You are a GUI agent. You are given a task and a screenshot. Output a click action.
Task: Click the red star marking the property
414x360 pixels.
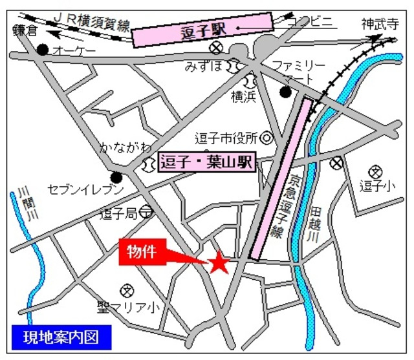(219, 262)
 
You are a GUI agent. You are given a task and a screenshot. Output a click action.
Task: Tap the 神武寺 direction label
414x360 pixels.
(378, 25)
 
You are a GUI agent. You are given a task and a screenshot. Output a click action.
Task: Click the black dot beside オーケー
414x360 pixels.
(43, 50)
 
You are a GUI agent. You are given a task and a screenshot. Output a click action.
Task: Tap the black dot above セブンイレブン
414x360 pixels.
(117, 176)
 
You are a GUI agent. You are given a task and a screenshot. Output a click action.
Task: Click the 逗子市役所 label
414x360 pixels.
(227, 138)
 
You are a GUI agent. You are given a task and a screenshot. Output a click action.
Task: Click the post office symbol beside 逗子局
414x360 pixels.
(146, 211)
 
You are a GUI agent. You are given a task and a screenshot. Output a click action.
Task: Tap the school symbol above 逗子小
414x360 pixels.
(374, 171)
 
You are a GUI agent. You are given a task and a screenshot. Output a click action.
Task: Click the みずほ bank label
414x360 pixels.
(206, 66)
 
